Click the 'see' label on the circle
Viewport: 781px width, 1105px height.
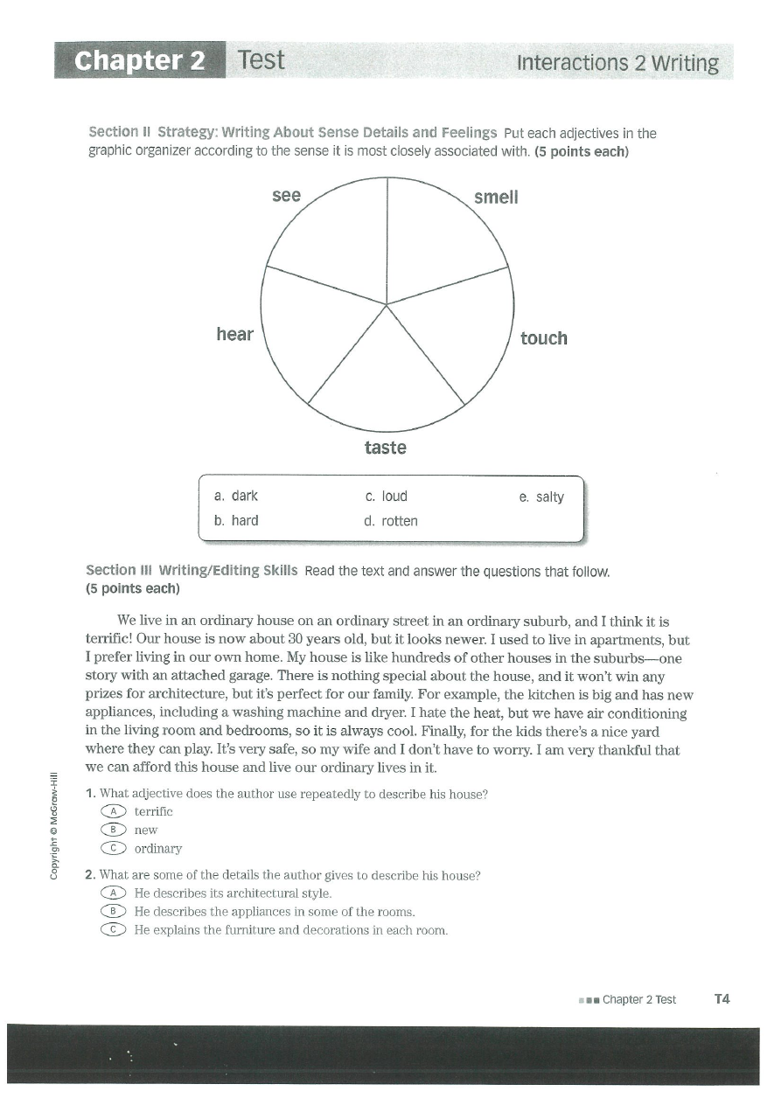click(x=286, y=196)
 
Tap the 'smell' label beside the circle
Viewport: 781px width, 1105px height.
click(x=496, y=198)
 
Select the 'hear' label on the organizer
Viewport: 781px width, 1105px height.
click(x=234, y=334)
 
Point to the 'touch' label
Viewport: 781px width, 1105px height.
click(x=543, y=338)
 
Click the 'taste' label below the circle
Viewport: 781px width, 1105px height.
click(x=386, y=448)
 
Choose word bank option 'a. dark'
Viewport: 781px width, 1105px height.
click(x=236, y=497)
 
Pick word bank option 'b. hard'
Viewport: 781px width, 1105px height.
click(x=236, y=521)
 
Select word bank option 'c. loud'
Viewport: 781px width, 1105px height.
click(x=387, y=497)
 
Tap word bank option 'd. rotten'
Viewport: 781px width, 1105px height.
click(x=391, y=521)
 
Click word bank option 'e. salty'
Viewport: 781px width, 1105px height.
click(x=541, y=497)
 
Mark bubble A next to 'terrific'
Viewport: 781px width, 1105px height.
click(x=114, y=812)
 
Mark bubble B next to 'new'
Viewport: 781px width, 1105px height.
click(x=114, y=830)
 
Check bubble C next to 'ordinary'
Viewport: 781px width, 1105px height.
click(x=114, y=848)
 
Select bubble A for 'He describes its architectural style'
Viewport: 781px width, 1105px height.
click(x=114, y=893)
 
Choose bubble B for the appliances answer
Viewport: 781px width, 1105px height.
click(x=114, y=912)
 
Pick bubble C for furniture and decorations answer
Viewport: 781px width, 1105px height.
click(x=114, y=930)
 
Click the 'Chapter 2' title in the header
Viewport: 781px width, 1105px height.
click(x=140, y=61)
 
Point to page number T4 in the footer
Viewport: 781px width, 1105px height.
click(x=722, y=999)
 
